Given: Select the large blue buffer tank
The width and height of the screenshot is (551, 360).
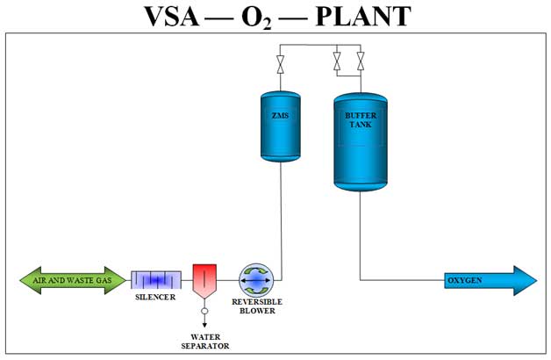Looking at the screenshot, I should point(360,140).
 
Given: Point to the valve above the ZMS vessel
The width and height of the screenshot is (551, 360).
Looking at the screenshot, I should point(280,63).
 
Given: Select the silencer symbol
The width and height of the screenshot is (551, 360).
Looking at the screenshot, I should point(156,280).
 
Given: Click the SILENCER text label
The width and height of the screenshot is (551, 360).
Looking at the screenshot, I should point(156,297).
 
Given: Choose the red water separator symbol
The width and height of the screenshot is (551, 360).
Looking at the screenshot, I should point(204,279).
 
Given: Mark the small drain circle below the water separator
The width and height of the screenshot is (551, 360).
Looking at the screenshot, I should point(204,311).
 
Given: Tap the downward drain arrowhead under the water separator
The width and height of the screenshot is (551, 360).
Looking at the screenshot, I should point(204,323).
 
